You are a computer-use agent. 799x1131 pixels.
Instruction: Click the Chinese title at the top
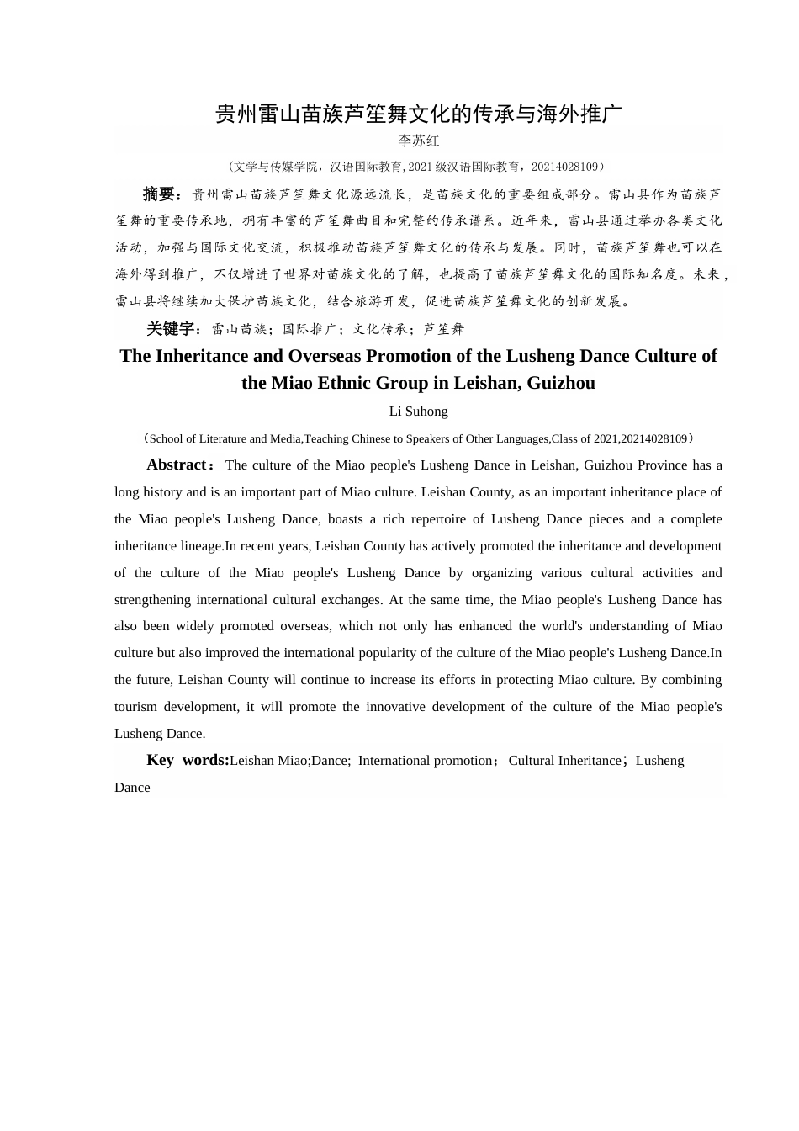tap(418, 114)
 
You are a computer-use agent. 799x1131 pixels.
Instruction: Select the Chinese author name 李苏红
tap(418, 141)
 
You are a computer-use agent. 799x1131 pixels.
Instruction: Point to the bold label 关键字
tap(171, 329)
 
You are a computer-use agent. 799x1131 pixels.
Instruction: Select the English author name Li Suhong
tap(418, 412)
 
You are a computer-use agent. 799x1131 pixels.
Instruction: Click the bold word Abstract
tap(177, 465)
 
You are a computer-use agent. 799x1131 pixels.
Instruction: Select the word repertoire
tap(444, 519)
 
